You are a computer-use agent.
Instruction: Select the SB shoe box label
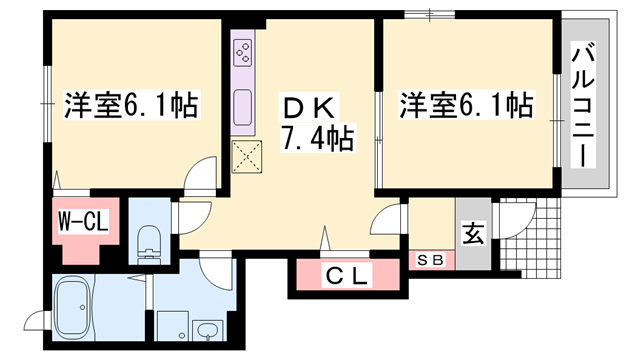[431, 259]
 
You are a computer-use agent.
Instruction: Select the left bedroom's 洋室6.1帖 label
[130, 102]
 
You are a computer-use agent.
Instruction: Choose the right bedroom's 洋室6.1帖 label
[465, 102]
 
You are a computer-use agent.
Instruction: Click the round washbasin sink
[208, 331]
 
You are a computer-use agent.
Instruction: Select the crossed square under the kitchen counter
[246, 156]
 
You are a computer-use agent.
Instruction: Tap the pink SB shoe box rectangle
[431, 260]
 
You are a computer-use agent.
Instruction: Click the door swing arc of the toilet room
[190, 212]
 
